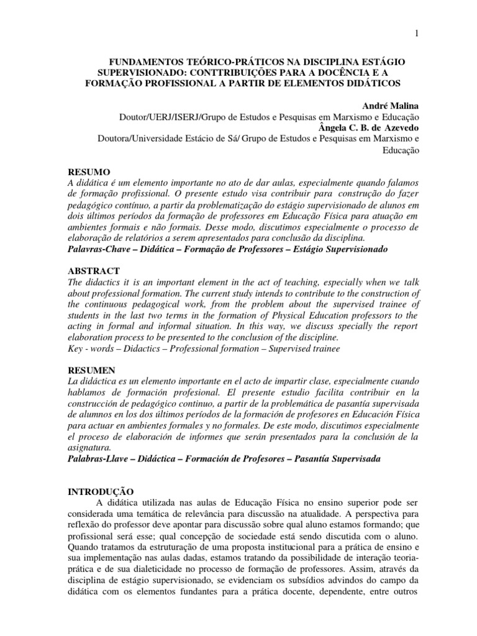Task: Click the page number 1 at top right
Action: (417, 32)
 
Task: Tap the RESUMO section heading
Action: (88, 171)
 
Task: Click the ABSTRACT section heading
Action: (93, 271)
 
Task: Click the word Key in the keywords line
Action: (76, 350)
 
